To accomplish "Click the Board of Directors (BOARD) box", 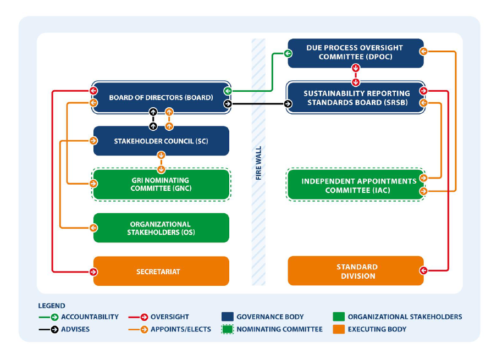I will tap(161, 97).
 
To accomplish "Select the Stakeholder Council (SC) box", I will tap(161, 141).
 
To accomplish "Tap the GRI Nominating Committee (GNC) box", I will tap(161, 184).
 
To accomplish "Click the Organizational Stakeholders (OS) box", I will tap(161, 228).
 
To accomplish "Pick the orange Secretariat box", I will tap(161, 271).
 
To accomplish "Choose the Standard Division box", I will tap(356, 271).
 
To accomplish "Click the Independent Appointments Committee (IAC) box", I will tap(356, 185).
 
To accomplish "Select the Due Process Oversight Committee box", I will tap(356, 53).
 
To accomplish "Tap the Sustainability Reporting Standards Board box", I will tap(356, 97).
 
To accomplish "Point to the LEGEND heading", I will tap(52, 306).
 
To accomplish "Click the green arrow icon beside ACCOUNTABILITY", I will tap(54, 317).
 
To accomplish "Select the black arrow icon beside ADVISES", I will tap(54, 329).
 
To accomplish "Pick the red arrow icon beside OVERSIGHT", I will tap(144, 317).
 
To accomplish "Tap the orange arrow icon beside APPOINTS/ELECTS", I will tap(144, 329).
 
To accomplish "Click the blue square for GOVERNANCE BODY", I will tap(227, 317).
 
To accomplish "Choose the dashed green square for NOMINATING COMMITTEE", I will tap(227, 329).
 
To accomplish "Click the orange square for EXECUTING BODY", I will tap(339, 329).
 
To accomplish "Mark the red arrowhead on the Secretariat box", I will tap(93, 271).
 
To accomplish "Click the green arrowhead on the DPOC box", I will tap(288, 53).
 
